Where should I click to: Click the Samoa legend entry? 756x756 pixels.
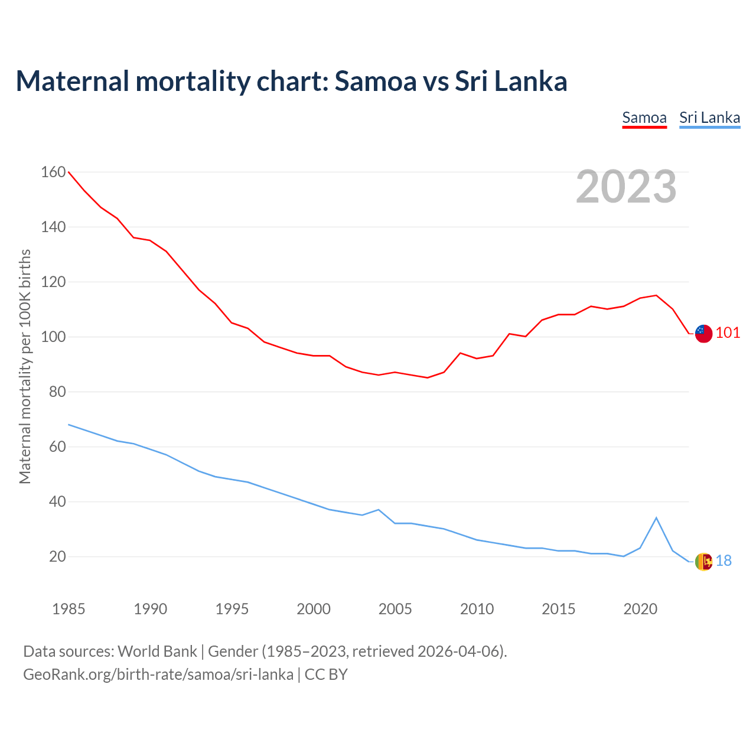click(x=644, y=118)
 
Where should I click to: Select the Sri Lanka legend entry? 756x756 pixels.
click(x=709, y=118)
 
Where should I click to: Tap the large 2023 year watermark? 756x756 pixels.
click(x=626, y=187)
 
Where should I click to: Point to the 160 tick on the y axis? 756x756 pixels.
click(x=53, y=172)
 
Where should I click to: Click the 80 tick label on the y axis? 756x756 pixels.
click(x=53, y=392)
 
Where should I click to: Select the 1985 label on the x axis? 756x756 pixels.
click(x=69, y=609)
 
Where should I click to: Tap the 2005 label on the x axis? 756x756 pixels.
click(x=395, y=609)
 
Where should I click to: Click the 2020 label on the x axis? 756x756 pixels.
click(x=640, y=609)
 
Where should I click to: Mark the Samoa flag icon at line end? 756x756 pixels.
click(x=703, y=333)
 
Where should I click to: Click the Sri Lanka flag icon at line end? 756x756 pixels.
click(x=703, y=561)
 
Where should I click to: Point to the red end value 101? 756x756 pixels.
click(x=728, y=333)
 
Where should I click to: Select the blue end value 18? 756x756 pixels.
click(x=724, y=561)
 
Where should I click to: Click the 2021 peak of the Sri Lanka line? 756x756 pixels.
click(x=656, y=518)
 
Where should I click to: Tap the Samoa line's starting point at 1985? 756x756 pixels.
click(x=69, y=172)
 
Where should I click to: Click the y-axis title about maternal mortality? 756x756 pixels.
click(x=25, y=366)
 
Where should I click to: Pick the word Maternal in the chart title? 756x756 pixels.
click(x=73, y=81)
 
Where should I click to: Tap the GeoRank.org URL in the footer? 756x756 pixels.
click(x=158, y=674)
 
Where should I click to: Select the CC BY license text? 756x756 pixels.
click(x=326, y=674)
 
